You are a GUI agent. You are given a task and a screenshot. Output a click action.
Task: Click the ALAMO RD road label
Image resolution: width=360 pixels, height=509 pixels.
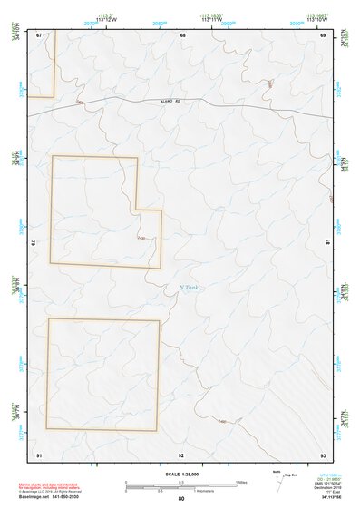(171, 101)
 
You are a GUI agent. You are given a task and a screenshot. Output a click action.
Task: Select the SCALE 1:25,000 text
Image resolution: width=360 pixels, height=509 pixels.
(181, 474)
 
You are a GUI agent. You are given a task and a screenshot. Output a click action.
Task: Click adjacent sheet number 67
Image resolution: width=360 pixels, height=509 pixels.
(39, 35)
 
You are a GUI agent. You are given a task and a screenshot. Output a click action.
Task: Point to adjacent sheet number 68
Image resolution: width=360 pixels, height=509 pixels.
(182, 35)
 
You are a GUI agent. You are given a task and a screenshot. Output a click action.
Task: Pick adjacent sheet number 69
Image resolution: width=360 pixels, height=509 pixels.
(323, 35)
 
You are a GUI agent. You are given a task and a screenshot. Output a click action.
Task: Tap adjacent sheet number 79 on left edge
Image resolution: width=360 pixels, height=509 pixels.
(34, 243)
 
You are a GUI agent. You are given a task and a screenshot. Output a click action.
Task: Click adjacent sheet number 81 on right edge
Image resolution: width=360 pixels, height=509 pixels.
(327, 242)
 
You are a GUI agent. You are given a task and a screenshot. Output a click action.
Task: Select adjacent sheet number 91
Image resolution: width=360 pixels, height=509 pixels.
(39, 454)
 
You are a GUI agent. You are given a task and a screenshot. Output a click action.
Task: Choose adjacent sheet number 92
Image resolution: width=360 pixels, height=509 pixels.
(181, 454)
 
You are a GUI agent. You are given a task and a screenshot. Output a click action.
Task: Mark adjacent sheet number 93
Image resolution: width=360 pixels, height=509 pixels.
(323, 454)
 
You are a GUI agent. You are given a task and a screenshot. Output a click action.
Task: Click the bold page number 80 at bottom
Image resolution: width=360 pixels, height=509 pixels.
(181, 499)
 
